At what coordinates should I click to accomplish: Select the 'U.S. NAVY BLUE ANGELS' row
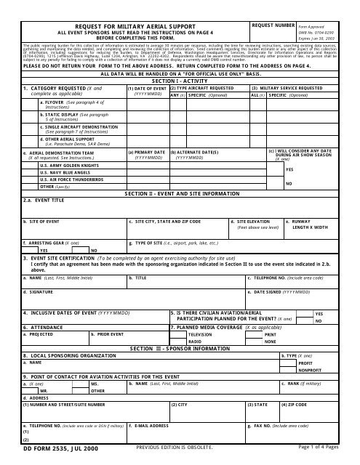pos(55,173)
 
